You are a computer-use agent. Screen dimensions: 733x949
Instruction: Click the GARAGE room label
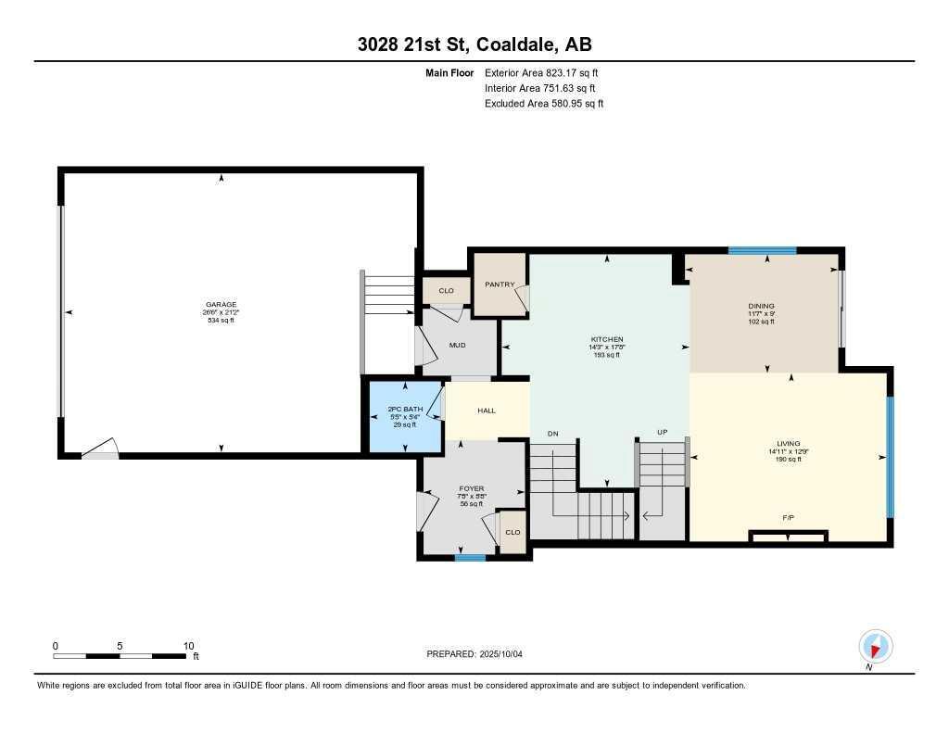(x=221, y=304)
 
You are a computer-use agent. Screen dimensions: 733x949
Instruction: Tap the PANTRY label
(x=500, y=284)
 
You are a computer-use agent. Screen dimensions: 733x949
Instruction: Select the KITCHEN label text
(x=607, y=339)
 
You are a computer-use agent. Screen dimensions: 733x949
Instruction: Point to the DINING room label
(x=761, y=306)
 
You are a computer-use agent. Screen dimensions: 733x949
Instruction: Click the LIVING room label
(x=789, y=444)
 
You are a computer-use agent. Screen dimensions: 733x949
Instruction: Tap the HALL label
(x=487, y=411)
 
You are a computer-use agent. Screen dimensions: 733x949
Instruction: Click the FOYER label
(x=472, y=488)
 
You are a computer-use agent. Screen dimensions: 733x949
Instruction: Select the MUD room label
(x=457, y=346)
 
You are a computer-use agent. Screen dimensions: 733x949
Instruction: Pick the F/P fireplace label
(x=787, y=517)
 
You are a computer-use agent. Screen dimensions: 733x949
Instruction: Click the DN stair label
(x=553, y=433)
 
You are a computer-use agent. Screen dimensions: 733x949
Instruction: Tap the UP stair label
(x=662, y=433)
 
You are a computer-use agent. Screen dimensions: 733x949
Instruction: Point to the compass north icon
(x=875, y=646)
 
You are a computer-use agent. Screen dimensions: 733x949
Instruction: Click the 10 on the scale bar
(x=188, y=646)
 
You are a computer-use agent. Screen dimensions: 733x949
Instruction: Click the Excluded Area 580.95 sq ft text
(x=544, y=104)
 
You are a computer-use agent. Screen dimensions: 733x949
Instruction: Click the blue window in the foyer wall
(x=470, y=557)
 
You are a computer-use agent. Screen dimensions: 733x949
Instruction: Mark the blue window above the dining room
(x=762, y=250)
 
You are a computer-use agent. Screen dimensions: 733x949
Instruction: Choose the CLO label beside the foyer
(x=512, y=532)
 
